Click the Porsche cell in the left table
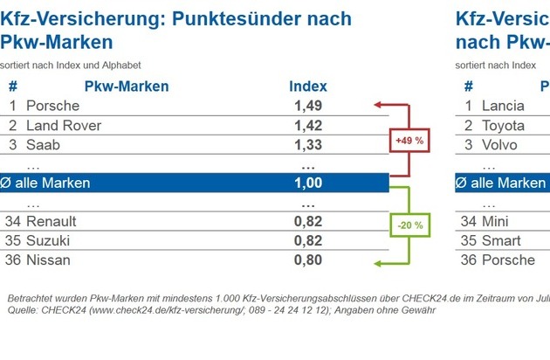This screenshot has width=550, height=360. coord(52,106)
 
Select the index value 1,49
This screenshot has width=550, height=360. coord(308,106)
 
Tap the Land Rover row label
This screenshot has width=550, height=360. coord(64,126)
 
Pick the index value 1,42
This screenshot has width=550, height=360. coord(308,126)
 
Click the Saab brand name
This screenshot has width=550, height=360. coord(44,145)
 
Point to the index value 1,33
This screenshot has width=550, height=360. coord(308,145)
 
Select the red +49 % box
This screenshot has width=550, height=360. coord(409,140)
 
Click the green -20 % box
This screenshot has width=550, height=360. coord(409,225)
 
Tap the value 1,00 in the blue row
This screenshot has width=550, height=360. coord(308,183)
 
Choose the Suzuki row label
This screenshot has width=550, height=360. coord(49,240)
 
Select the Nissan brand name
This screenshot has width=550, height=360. coord(49,260)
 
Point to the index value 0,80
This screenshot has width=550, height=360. coord(308,260)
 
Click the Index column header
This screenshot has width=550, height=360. coord(308,87)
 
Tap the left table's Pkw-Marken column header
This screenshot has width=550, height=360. coord(127,87)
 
